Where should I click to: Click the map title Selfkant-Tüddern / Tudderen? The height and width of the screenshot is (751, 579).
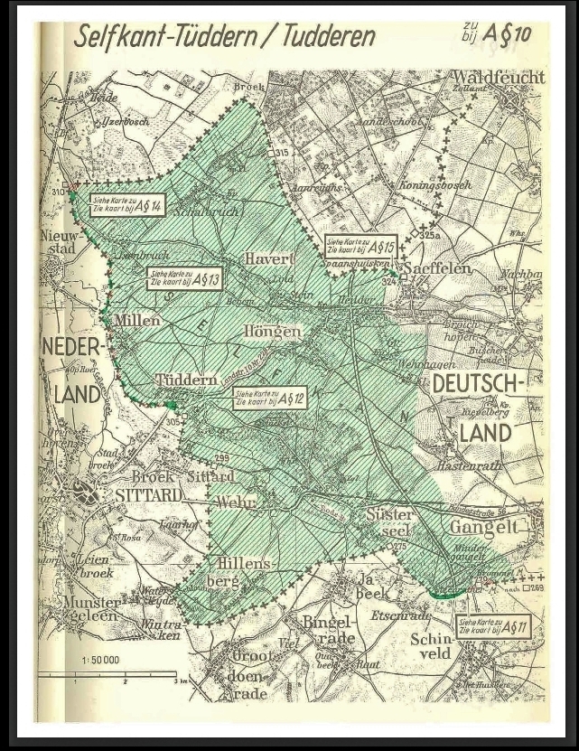coord(224,37)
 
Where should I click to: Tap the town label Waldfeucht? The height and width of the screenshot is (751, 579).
coord(499,78)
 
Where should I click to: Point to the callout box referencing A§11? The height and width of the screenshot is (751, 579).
coord(493,626)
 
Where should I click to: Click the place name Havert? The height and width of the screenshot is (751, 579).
coord(270,258)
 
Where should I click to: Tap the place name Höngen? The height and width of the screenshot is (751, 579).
coord(271,332)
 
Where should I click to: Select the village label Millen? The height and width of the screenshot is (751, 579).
coord(137,320)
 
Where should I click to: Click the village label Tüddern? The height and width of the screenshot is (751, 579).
coord(185,380)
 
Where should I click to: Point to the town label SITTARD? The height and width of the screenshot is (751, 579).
coord(148,494)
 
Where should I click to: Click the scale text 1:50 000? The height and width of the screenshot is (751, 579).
coord(101,661)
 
